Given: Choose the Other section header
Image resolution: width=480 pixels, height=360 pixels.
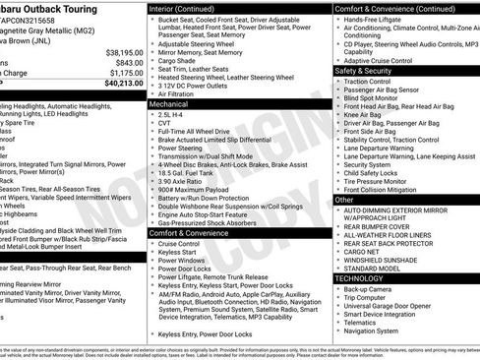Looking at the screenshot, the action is pos(345,199).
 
